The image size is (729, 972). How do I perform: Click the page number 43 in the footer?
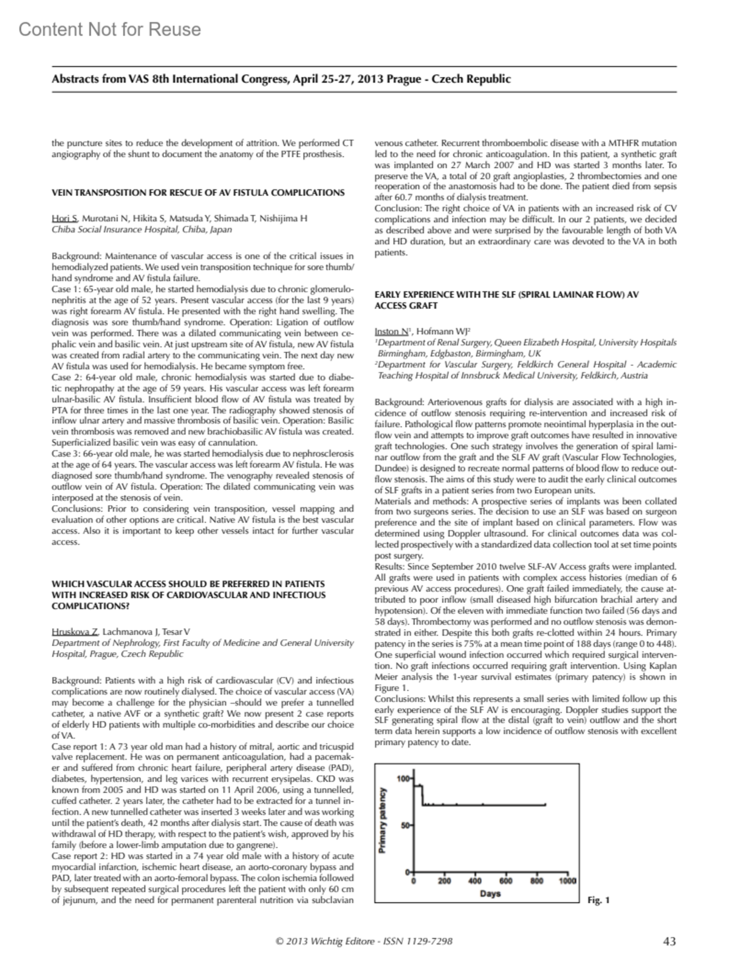[669, 942]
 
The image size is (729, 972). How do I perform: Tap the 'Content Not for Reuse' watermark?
[109, 29]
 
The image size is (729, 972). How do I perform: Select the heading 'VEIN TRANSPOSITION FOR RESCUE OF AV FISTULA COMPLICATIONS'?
[198, 192]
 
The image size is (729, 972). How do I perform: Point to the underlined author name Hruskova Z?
[75, 632]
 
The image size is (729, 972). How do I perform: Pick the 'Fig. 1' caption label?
[598, 900]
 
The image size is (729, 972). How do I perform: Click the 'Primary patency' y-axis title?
[383, 821]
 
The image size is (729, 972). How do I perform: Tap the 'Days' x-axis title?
[490, 893]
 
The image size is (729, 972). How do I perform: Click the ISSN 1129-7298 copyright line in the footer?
[363, 942]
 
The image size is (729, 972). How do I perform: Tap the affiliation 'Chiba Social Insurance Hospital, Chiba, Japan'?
[142, 229]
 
